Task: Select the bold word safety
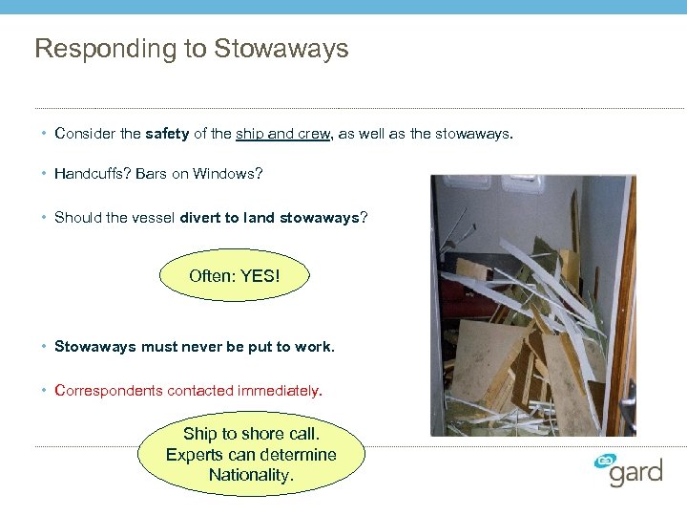pos(167,134)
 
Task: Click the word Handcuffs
pos(92,174)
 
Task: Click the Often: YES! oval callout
pos(235,276)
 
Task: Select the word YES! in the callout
pos(260,276)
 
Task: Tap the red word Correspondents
pos(109,390)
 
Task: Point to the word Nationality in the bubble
pos(250,475)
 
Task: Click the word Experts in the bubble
pos(196,455)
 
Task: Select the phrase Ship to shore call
pos(250,434)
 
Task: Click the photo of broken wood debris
pos(532,305)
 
